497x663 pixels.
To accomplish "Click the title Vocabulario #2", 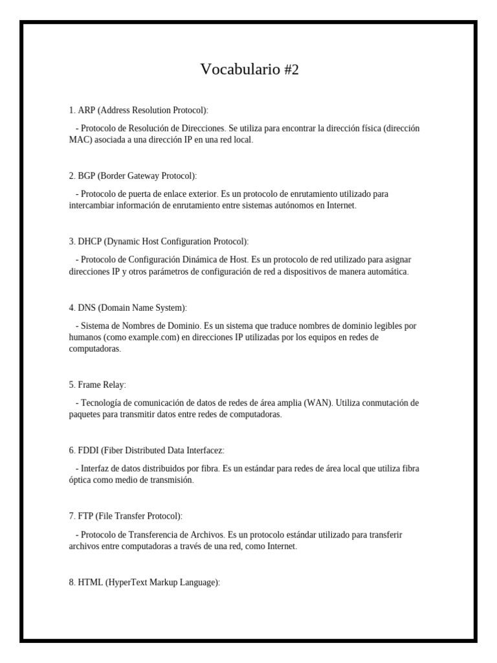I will pyautogui.click(x=249, y=69).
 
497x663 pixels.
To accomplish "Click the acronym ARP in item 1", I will pyautogui.click(x=86, y=111).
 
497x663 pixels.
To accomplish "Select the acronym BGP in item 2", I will pyautogui.click(x=87, y=175).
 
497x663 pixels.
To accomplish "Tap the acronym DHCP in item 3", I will pyautogui.click(x=89, y=242).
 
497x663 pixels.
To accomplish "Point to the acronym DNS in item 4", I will pyautogui.click(x=87, y=308).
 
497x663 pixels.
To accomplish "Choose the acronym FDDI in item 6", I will pyautogui.click(x=89, y=451).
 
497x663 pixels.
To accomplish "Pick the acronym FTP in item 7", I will pyautogui.click(x=86, y=516).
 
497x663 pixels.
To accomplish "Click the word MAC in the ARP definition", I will pyautogui.click(x=80, y=139).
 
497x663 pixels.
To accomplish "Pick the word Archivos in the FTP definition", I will pyautogui.click(x=206, y=535).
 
